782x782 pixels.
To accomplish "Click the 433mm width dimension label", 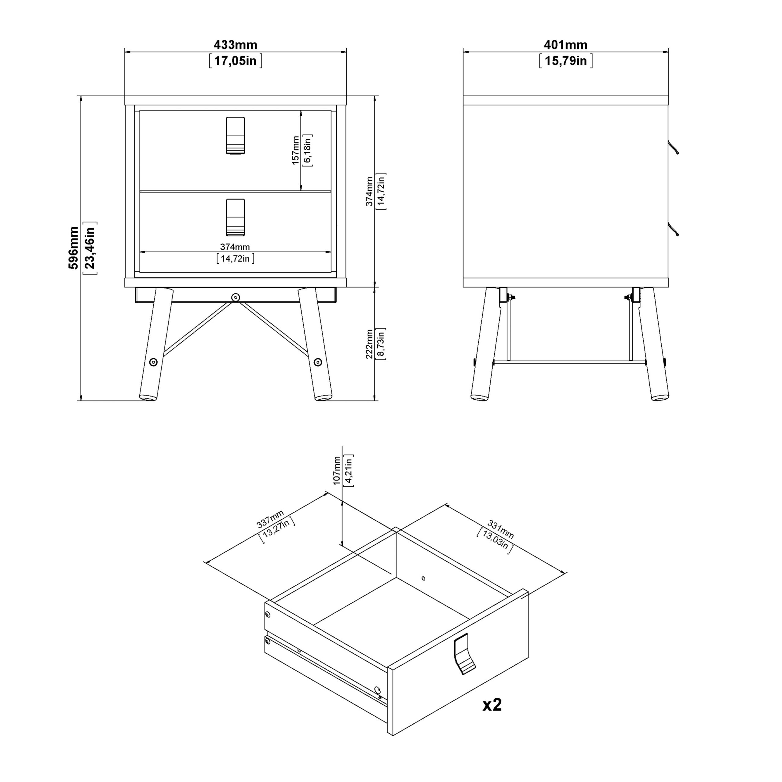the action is click(x=235, y=45).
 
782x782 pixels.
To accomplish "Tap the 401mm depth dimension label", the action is click(x=565, y=45).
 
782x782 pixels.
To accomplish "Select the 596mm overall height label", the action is click(x=73, y=248).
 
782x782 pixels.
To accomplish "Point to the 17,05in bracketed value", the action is click(x=235, y=61).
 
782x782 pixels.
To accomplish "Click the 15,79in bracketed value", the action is click(x=565, y=61).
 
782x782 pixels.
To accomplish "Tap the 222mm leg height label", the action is click(x=369, y=344).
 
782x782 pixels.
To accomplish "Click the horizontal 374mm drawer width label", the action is click(x=235, y=247).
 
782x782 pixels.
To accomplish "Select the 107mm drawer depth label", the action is click(x=337, y=470).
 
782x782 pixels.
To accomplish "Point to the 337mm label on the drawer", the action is click(x=270, y=519).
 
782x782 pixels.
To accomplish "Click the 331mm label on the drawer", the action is click(x=501, y=530).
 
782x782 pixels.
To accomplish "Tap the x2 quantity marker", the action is click(x=492, y=705).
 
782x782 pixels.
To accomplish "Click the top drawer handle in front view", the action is click(x=235, y=136).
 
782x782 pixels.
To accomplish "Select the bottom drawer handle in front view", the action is click(x=235, y=217).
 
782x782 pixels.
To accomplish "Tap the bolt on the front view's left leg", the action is click(x=153, y=362).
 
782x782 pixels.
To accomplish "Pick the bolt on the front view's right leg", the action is click(x=318, y=362).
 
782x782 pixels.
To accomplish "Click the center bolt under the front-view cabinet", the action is click(x=236, y=298).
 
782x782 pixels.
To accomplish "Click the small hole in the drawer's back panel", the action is click(x=423, y=578).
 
